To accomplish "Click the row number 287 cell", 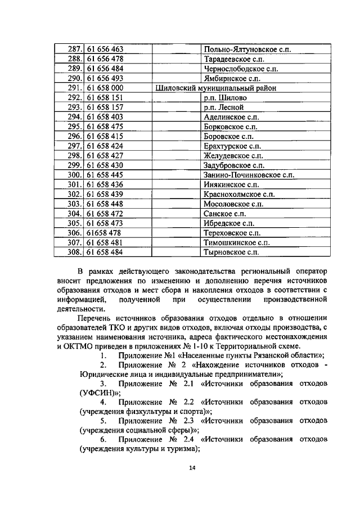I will coord(75,49).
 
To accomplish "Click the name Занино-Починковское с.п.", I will coord(249,175).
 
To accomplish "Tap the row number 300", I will coord(75,175).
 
